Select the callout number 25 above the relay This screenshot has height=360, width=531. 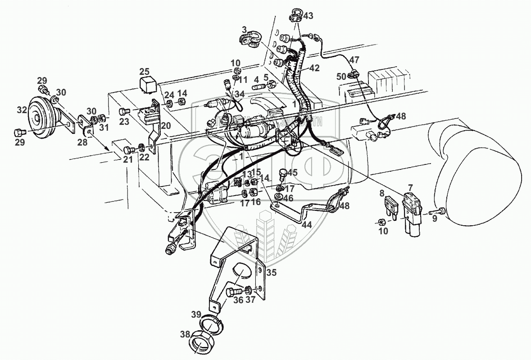(x=144, y=71)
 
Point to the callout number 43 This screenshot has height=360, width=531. (x=308, y=16)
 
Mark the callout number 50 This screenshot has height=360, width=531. (x=341, y=77)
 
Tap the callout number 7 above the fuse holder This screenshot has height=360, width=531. (x=410, y=187)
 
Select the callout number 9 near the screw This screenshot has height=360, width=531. (x=434, y=218)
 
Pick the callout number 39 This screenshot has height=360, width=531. (x=196, y=314)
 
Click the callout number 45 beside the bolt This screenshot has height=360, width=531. (x=293, y=173)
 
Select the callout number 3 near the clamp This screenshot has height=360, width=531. (x=244, y=29)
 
